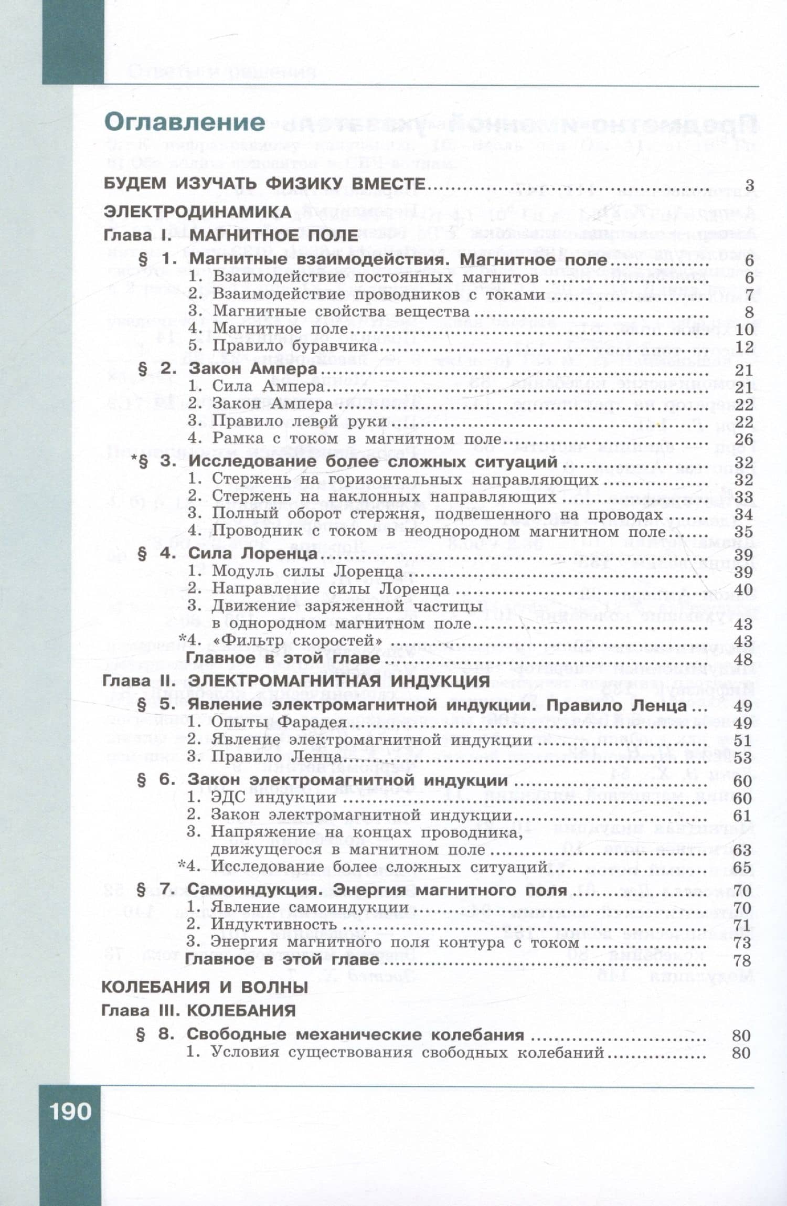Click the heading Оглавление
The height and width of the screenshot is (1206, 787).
pyautogui.click(x=185, y=122)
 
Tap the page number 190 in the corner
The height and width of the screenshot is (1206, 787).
pyautogui.click(x=70, y=1112)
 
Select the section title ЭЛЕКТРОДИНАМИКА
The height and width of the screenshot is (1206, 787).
pyautogui.click(x=197, y=211)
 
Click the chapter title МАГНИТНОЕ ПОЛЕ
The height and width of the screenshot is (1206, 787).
pyautogui.click(x=273, y=235)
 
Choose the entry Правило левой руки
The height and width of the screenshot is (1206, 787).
pyautogui.click(x=300, y=421)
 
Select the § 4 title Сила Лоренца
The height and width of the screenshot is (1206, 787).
pyautogui.click(x=252, y=554)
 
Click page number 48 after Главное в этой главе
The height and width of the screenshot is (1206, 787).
pyautogui.click(x=743, y=659)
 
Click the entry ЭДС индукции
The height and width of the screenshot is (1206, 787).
pyautogui.click(x=273, y=798)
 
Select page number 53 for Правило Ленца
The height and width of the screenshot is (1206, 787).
pyautogui.click(x=743, y=758)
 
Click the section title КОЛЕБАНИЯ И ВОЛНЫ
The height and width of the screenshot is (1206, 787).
pyautogui.click(x=204, y=987)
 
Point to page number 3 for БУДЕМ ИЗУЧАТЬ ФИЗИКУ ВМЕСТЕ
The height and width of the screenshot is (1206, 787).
pyautogui.click(x=749, y=185)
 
